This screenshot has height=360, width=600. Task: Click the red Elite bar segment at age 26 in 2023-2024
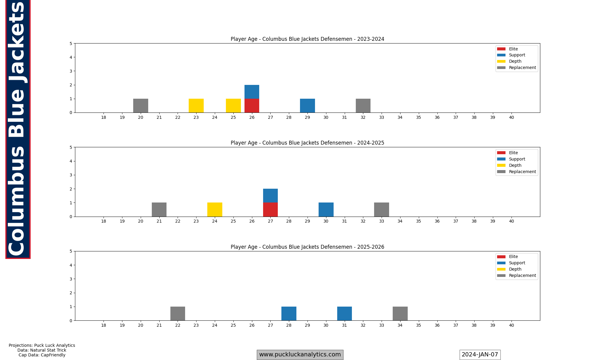point(252,106)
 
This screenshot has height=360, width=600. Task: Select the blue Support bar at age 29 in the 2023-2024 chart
point(307,106)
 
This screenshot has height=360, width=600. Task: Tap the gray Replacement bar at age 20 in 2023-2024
point(140,106)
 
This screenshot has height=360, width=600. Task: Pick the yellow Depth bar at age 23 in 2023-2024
point(196,106)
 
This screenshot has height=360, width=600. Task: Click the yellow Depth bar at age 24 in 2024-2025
point(215,210)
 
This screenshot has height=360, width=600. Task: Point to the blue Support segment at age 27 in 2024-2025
point(270,196)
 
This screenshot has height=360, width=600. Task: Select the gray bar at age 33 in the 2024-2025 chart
point(381,210)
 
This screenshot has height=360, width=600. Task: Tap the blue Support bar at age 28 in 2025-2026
point(289,313)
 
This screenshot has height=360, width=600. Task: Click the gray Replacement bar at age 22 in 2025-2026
point(178,313)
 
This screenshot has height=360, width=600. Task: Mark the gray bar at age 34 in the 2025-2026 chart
point(400,313)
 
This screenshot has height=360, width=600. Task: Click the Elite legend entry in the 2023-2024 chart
point(513,49)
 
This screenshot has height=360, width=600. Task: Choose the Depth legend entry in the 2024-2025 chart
point(515,165)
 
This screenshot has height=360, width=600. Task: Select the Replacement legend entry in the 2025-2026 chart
point(522,275)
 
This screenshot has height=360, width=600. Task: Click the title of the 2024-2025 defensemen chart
point(307,143)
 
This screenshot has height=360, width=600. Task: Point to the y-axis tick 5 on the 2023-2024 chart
point(71,43)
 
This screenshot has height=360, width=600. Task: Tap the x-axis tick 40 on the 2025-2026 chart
point(511,325)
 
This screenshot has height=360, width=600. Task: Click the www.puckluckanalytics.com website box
point(300,355)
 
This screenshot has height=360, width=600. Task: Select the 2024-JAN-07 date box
point(480,355)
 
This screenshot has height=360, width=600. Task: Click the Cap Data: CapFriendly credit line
point(42,355)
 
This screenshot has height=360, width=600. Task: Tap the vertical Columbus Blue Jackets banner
point(18,129)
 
